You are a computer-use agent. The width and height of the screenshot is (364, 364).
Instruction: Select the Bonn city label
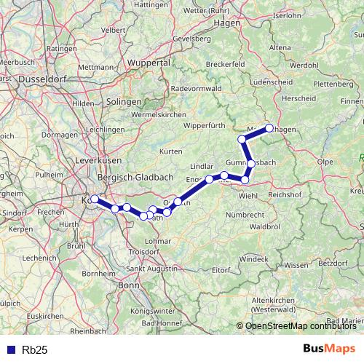pos(128,285)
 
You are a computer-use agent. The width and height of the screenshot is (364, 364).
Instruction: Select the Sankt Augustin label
pos(152,269)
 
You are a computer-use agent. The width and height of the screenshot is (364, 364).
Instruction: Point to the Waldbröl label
pos(265,226)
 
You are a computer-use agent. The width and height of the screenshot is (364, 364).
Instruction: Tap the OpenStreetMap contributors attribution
pos(301,326)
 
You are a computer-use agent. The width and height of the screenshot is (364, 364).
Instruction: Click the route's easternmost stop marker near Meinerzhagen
pos(269,128)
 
